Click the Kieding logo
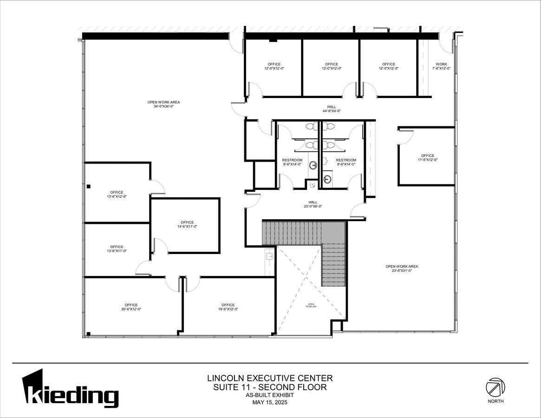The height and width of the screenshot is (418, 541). point(70,389)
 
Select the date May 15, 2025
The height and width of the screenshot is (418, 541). point(270,402)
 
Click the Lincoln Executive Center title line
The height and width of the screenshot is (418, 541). point(270,378)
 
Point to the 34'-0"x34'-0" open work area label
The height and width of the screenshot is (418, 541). point(163,104)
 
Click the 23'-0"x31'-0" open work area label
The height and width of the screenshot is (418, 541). point(402,268)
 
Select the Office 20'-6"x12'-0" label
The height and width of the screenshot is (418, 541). point(131,307)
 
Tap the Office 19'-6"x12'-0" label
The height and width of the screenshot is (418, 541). point(228,307)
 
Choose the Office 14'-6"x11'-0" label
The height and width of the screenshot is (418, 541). point(187,224)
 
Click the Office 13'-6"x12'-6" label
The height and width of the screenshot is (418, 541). point(117,194)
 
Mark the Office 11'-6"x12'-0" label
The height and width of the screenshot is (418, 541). point(428,157)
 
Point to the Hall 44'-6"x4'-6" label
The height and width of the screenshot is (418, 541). point(332,109)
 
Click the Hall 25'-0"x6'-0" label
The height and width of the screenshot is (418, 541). point(313,204)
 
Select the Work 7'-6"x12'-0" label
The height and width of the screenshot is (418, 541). point(441,66)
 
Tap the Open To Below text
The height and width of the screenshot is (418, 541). point(311,306)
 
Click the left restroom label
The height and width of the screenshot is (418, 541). point(292,162)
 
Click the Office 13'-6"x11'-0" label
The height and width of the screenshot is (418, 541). point(117,249)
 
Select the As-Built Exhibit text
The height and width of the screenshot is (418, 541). point(270,395)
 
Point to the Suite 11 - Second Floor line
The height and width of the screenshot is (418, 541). point(270,387)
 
